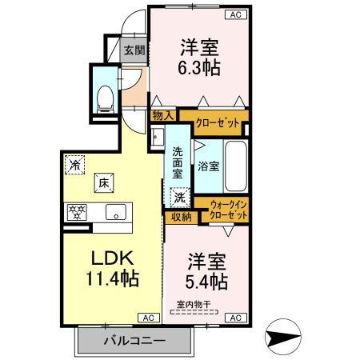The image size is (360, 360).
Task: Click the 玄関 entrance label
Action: click(134, 50)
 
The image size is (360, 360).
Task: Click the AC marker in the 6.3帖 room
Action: click(237, 14)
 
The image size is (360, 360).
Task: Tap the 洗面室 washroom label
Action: click(178, 162)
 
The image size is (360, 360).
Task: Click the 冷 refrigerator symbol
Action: click(74, 165)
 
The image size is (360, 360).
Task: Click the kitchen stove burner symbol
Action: click(78, 213)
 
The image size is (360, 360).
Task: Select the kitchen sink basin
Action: click(115, 213)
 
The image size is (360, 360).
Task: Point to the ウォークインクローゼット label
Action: click(227, 212)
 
